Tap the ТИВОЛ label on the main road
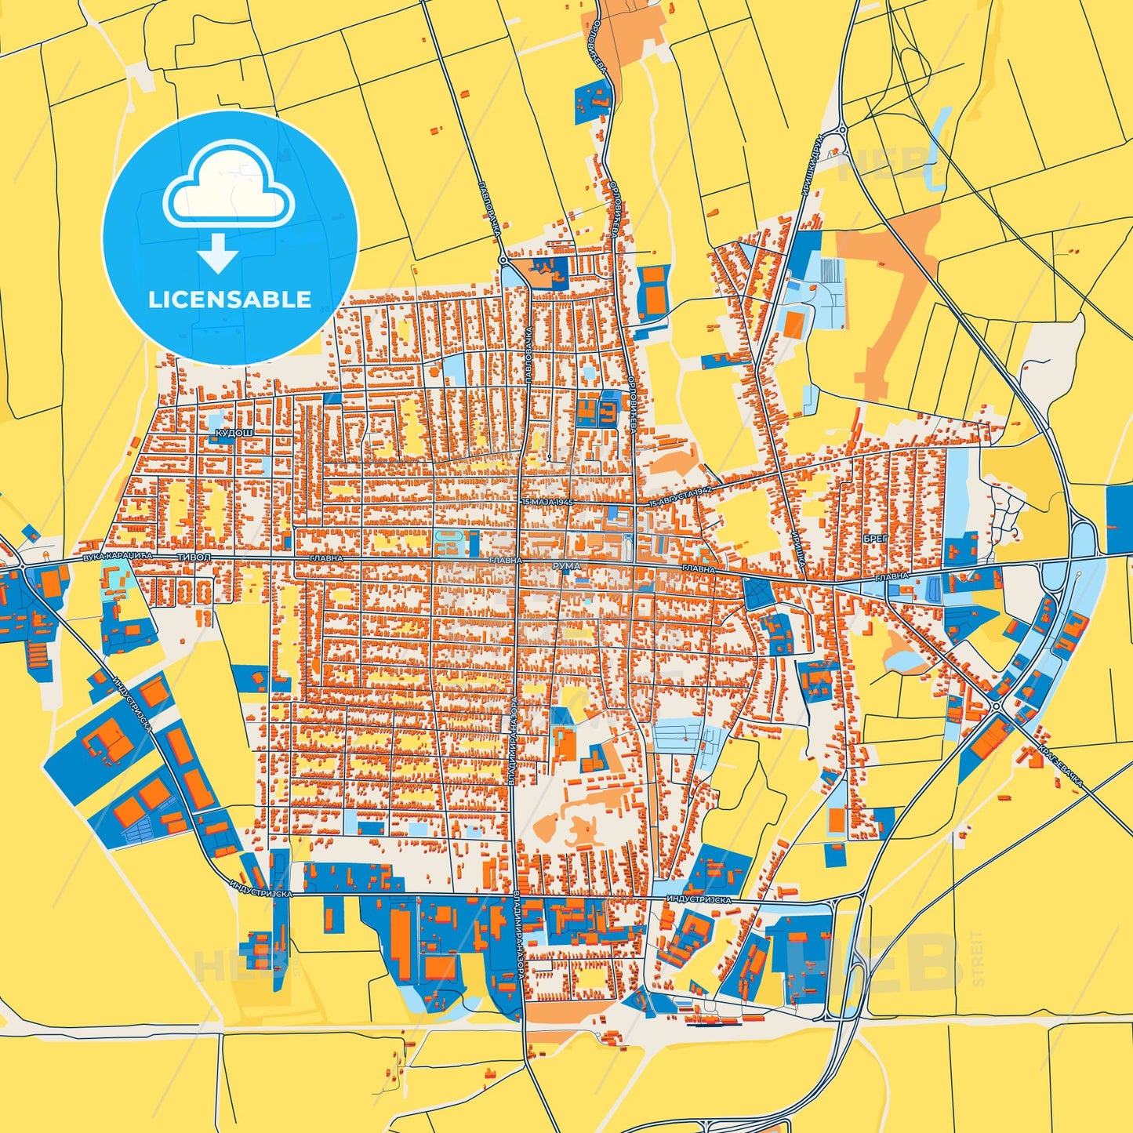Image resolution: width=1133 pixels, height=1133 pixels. pyautogui.click(x=194, y=556)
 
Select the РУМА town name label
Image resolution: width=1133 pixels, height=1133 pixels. pyautogui.click(x=566, y=565)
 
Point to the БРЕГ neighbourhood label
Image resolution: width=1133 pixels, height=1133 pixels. pyautogui.click(x=876, y=539)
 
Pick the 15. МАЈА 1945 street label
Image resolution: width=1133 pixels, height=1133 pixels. pyautogui.click(x=547, y=501)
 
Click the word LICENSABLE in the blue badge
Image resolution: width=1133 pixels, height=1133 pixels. pyautogui.click(x=230, y=300)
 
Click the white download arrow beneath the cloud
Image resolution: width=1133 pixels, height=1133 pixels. pyautogui.click(x=218, y=252)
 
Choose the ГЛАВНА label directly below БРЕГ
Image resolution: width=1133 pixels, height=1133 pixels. pyautogui.click(x=892, y=576)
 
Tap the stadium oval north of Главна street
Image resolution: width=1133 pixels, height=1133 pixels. pyautogui.click(x=451, y=540)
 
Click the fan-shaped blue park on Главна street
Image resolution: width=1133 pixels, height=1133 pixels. pyautogui.click(x=757, y=593)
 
